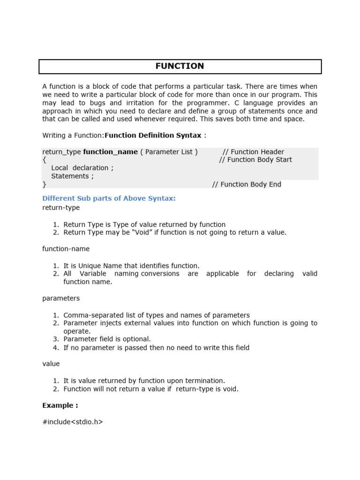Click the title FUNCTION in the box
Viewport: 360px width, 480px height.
tap(180, 66)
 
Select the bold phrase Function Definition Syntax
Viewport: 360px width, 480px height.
tap(153, 135)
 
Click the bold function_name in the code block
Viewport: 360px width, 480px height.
tap(110, 152)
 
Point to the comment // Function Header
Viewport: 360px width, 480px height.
tap(253, 152)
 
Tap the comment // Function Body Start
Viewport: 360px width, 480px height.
tap(255, 160)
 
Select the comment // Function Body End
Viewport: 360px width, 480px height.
tap(247, 184)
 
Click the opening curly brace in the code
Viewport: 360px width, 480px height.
tap(44, 160)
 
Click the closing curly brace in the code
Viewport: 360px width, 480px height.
tap(44, 184)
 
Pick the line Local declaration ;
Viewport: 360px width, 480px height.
tap(82, 168)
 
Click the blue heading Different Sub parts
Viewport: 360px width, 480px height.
tap(109, 198)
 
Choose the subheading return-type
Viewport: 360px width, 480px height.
tap(61, 208)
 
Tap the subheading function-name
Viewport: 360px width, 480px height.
tap(66, 249)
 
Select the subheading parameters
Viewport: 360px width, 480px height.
tap(61, 299)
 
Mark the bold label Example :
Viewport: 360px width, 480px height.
tap(60, 405)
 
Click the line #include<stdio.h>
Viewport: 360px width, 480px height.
tap(73, 422)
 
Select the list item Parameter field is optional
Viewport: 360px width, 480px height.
tap(107, 339)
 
